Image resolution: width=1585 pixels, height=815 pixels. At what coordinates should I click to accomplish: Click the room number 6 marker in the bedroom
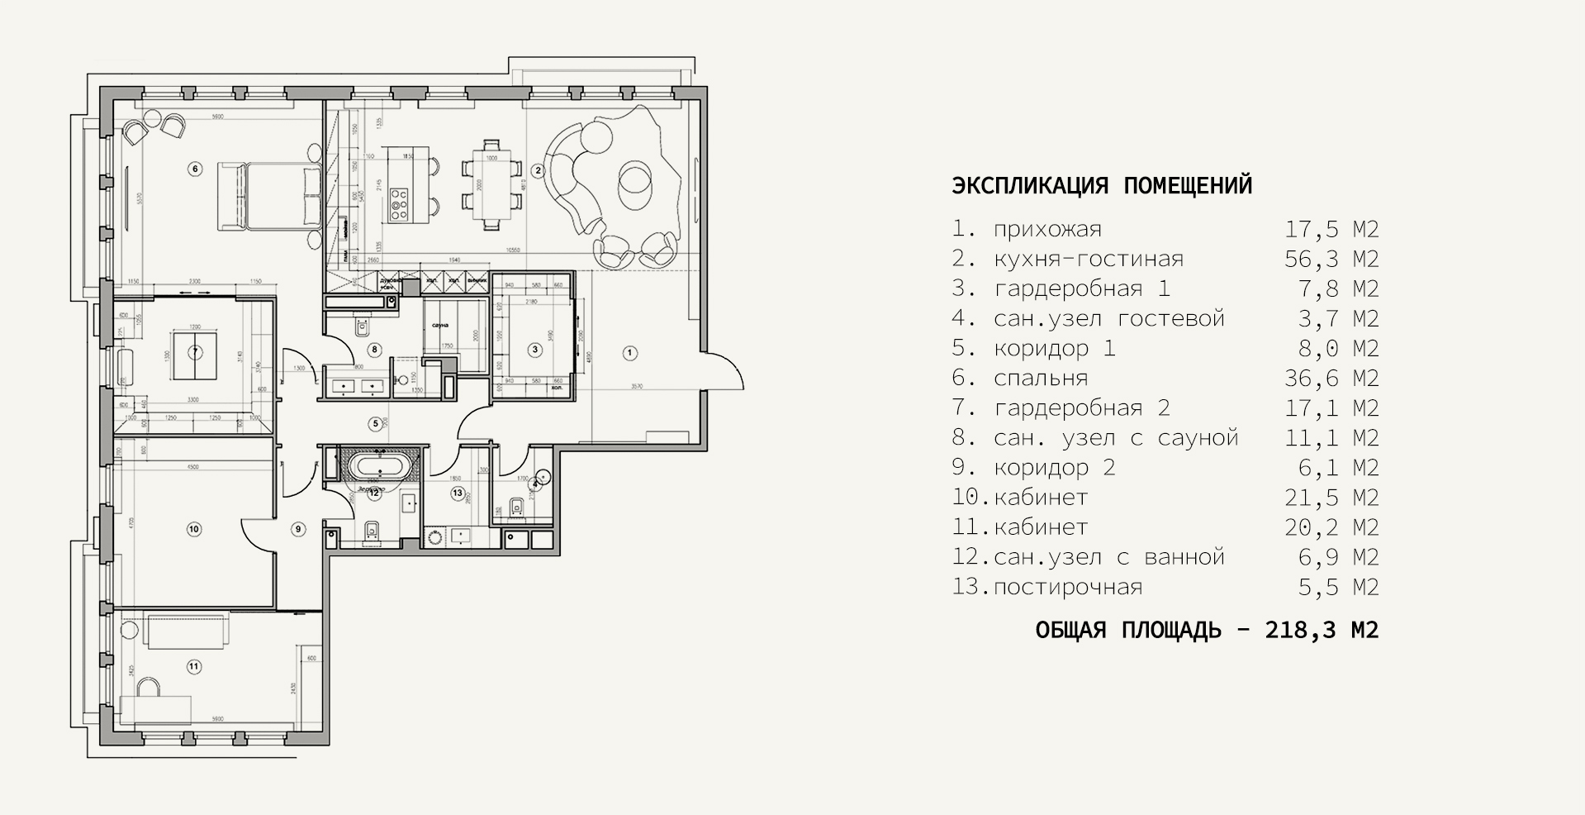click(195, 169)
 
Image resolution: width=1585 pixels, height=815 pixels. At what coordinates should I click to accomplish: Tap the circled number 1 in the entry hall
click(629, 353)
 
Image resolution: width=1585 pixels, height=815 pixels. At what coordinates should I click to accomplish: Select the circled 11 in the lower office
click(194, 665)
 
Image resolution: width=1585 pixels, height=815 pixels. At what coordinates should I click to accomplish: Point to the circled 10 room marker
click(194, 529)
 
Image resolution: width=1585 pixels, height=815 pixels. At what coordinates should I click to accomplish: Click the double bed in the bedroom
click(269, 196)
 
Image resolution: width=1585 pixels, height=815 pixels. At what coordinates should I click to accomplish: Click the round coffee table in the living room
click(636, 180)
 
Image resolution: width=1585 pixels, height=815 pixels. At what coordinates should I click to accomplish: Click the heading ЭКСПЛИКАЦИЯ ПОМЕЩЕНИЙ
click(1102, 185)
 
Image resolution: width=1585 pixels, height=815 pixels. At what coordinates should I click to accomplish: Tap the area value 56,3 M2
click(1331, 260)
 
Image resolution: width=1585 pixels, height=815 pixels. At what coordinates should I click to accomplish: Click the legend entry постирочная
click(1068, 588)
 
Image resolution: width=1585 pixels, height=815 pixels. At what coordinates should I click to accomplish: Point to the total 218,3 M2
click(1322, 631)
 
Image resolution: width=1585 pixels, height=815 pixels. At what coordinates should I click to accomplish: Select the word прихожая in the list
click(1047, 230)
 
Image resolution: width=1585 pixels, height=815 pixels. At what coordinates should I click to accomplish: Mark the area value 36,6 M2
click(1331, 379)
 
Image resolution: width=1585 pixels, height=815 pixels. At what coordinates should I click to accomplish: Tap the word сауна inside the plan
click(438, 325)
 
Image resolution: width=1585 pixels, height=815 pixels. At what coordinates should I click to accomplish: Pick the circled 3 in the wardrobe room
click(535, 350)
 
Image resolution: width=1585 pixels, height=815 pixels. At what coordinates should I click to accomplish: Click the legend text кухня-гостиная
click(1089, 260)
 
